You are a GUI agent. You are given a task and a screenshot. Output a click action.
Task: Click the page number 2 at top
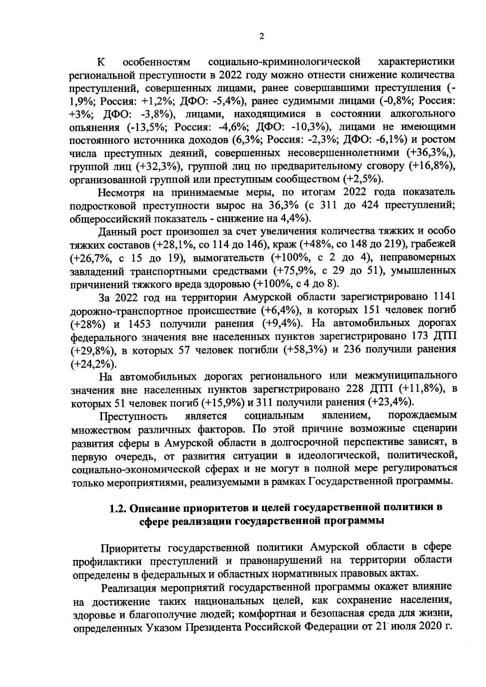tap(261, 36)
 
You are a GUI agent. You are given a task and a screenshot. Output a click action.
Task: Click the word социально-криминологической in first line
tap(284, 62)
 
